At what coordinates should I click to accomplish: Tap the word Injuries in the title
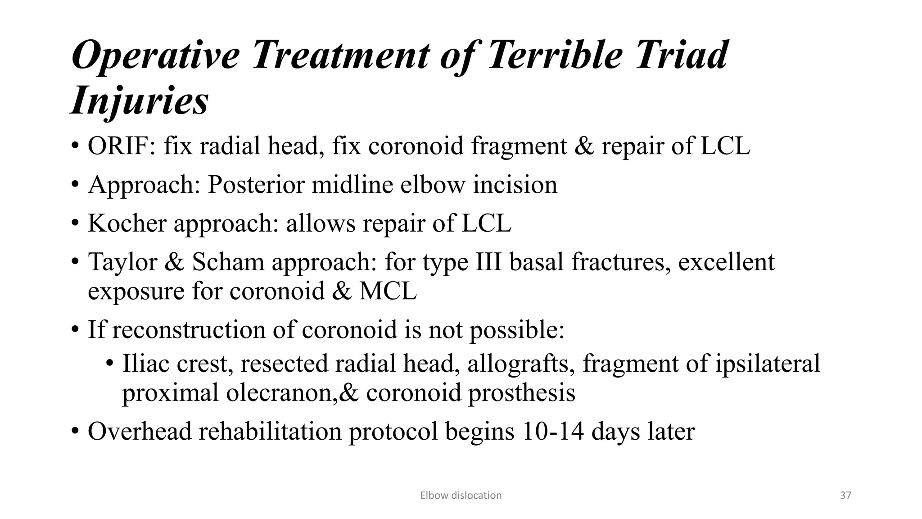[x=140, y=100]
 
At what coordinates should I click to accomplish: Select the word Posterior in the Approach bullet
[x=256, y=185]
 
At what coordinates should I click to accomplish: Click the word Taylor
[x=122, y=262]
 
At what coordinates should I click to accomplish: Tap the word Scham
[x=228, y=262]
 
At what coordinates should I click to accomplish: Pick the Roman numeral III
[x=488, y=262]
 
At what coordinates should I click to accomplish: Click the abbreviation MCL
[x=388, y=291]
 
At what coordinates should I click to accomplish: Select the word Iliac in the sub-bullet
[x=145, y=363]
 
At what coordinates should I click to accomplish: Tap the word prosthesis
[x=521, y=392]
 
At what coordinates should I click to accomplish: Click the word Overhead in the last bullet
[x=140, y=431]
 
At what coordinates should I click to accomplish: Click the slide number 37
[x=845, y=496]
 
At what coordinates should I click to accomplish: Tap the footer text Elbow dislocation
[x=461, y=496]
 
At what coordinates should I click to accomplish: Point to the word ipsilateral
[x=768, y=363]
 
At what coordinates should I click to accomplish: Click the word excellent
[x=726, y=262]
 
